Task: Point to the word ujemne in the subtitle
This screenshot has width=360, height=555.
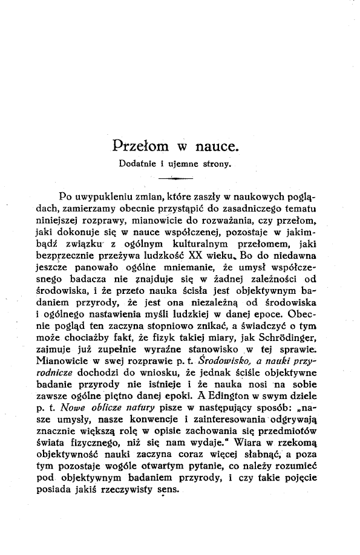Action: tap(188, 163)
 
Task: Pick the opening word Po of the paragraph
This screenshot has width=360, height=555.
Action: tap(67, 196)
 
